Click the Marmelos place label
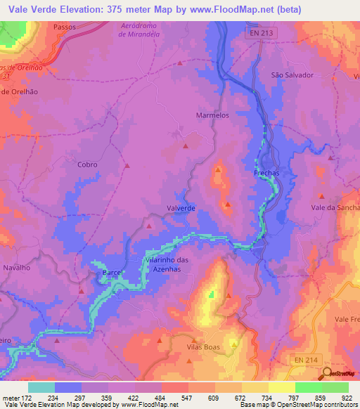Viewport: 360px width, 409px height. [x=212, y=115]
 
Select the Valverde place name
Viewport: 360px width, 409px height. [x=181, y=208]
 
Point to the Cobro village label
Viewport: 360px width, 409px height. [x=87, y=164]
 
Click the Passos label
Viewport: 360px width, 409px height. [x=65, y=26]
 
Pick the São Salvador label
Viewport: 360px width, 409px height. [x=291, y=74]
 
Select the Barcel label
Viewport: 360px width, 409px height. [x=113, y=271]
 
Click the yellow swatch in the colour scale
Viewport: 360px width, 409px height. [x=281, y=387]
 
